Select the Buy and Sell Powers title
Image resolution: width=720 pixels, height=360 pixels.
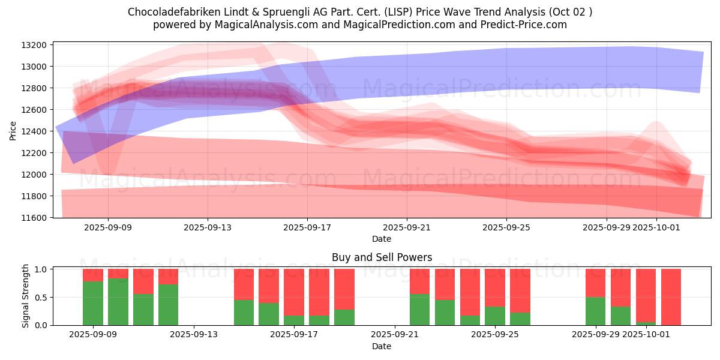coord(382,257)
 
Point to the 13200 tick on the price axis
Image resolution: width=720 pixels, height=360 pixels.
coord(34,45)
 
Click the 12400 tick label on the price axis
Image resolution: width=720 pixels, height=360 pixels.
coord(34,131)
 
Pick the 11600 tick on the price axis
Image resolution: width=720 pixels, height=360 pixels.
coord(34,218)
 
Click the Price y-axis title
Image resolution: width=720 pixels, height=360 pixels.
coord(13,130)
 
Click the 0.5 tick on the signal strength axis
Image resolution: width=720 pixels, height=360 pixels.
coord(41,298)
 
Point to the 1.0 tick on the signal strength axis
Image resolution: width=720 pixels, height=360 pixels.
coord(41,269)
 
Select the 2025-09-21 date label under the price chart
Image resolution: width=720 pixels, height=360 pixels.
coord(407,227)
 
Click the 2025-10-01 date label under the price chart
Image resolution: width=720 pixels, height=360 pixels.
coord(656,227)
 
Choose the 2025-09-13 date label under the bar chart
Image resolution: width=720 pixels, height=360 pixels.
coord(193,335)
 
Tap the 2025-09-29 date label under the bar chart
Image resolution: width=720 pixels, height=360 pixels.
coord(595,335)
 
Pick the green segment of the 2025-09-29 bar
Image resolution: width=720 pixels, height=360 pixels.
coord(596,311)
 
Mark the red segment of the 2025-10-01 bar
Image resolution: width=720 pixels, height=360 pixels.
coord(646,295)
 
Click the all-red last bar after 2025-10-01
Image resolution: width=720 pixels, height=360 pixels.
coord(671,297)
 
